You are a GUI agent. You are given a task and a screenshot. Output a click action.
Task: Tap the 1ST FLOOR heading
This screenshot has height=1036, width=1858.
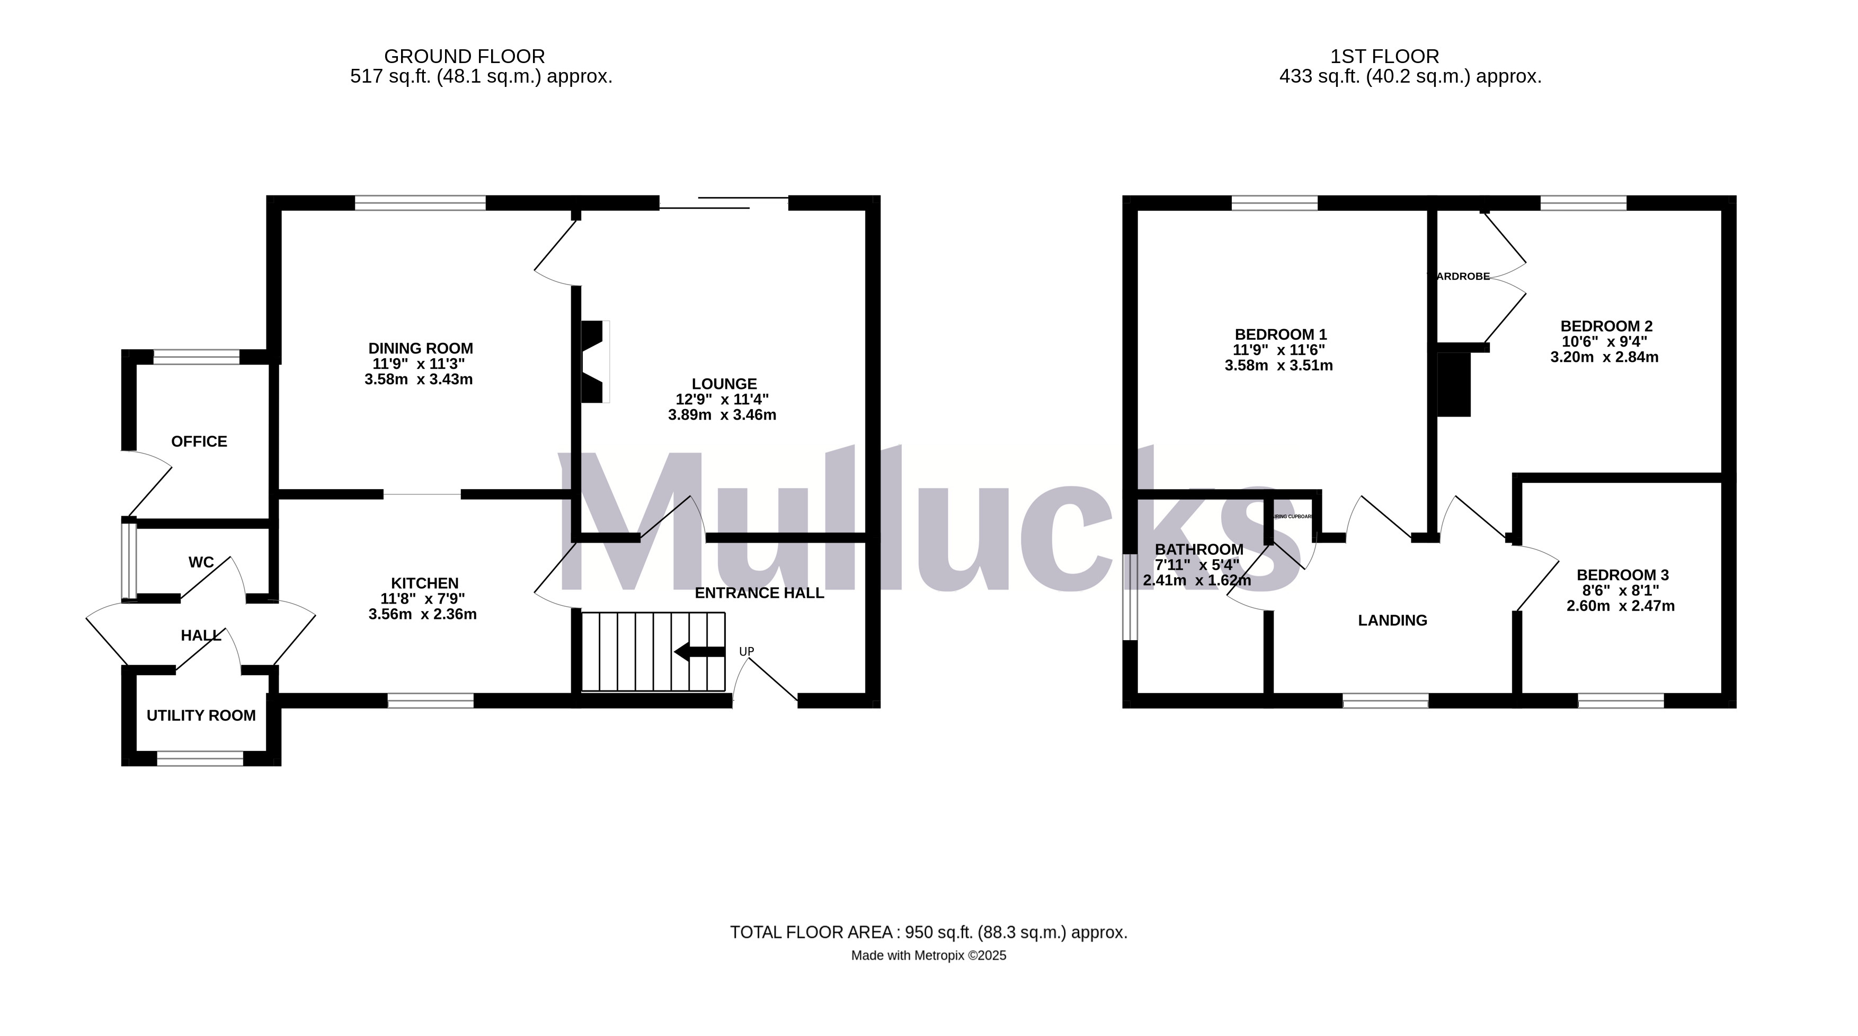1384,56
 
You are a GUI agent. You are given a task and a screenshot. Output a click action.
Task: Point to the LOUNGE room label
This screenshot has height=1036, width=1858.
724,384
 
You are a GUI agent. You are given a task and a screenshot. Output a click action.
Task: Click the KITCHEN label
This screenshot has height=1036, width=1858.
424,583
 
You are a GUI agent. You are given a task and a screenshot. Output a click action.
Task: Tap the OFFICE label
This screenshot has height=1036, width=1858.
199,441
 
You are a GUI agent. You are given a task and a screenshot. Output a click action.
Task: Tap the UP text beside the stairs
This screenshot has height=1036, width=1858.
746,651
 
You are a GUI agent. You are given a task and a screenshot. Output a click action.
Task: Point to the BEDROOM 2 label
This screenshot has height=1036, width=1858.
1606,326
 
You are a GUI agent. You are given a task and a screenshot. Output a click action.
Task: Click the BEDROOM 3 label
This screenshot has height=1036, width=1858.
1622,575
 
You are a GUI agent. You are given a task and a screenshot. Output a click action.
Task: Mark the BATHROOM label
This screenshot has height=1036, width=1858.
1199,550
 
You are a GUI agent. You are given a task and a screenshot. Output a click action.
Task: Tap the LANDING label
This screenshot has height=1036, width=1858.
1392,621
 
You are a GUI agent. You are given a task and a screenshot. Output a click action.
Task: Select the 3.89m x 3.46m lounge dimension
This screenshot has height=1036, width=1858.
722,415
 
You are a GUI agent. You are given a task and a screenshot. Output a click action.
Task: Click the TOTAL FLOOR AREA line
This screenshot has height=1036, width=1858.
928,932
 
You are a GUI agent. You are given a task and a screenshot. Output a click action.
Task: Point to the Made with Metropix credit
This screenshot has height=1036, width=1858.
928,956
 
